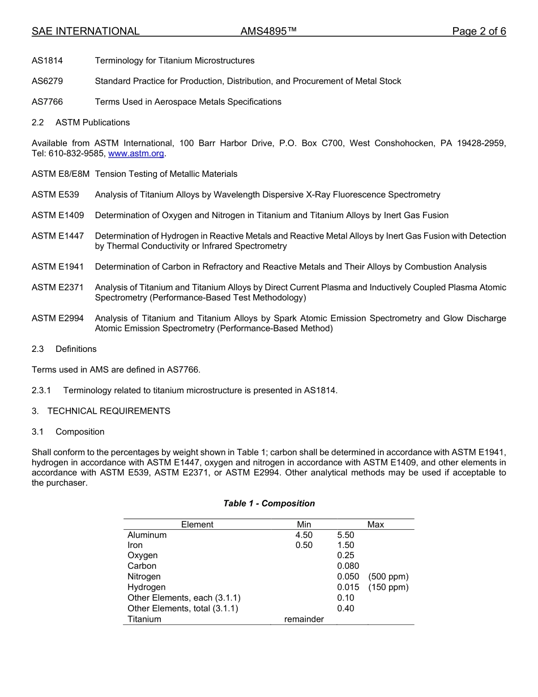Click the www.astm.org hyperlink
click(x=136, y=154)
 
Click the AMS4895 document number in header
click(x=268, y=31)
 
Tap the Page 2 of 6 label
click(x=479, y=31)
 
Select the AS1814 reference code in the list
click(x=47, y=61)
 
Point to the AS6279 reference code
click(x=47, y=81)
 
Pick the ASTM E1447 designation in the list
click(x=58, y=236)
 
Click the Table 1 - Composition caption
click(x=269, y=503)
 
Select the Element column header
click(x=197, y=525)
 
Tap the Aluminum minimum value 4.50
click(x=304, y=535)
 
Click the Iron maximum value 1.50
click(x=345, y=545)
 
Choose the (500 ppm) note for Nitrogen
click(x=388, y=576)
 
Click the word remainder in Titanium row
click(x=304, y=619)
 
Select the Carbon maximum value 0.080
click(x=348, y=566)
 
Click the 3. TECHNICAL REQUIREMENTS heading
click(x=101, y=411)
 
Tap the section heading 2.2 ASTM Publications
click(x=80, y=122)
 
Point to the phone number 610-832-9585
click(x=76, y=154)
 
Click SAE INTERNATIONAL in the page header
click(x=86, y=31)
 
